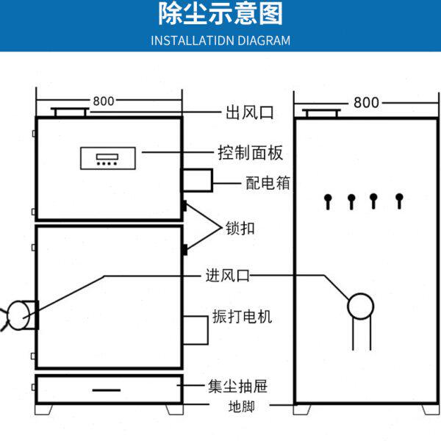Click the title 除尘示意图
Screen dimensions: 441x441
[x=220, y=15]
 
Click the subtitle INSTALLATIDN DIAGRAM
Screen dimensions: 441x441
[x=220, y=40]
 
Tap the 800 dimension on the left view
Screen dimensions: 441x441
[x=103, y=101]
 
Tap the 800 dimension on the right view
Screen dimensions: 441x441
[x=366, y=102]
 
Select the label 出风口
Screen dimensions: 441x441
[x=249, y=113]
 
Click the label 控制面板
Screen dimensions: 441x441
[x=250, y=154]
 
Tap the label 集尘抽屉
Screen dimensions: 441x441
[x=237, y=386]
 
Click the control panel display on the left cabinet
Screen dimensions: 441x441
[x=107, y=157]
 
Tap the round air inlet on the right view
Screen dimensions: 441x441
[x=361, y=305]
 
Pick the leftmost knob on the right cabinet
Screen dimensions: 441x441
[x=328, y=199]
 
